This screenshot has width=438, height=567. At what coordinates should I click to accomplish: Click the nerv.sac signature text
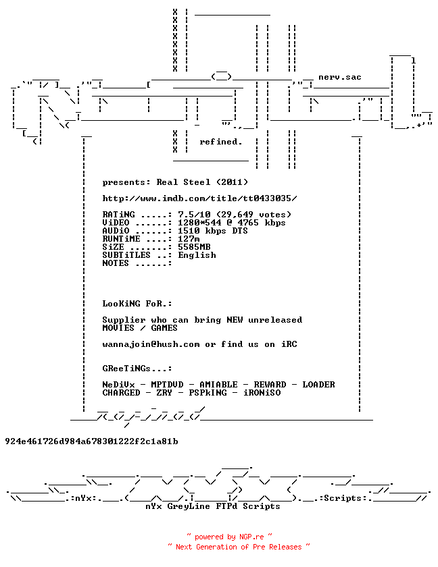point(340,77)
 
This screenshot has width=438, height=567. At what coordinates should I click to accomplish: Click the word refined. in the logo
point(221,142)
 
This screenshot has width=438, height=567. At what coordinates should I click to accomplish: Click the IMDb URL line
point(199,198)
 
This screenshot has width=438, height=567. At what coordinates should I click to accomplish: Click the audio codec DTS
point(240,231)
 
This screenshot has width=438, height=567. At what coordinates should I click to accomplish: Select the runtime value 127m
point(189,239)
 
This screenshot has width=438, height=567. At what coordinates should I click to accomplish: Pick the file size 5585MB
point(194,246)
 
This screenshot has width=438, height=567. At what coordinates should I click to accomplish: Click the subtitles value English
point(197,255)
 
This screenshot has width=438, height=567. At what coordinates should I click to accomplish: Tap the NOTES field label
point(116,263)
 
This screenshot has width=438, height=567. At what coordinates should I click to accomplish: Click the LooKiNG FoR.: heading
point(137,303)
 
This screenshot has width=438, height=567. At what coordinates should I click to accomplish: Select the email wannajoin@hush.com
point(151,344)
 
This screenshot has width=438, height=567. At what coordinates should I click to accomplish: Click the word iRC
point(289,344)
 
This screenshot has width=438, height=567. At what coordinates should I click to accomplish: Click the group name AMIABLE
point(218,384)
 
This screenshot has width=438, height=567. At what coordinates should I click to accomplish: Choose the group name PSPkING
point(208,392)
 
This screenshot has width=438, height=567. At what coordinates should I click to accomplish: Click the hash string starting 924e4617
point(91,441)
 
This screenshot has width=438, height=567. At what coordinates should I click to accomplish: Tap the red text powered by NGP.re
point(229,537)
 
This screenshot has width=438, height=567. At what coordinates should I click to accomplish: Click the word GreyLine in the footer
point(189,506)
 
